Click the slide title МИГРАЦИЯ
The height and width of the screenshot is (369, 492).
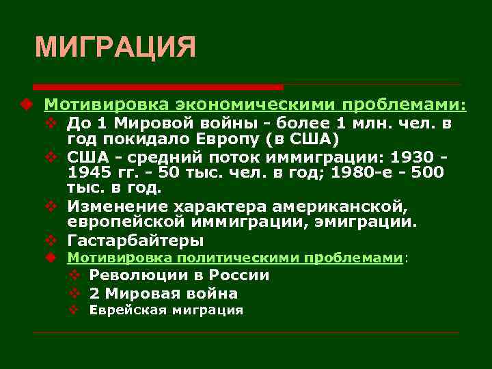115,48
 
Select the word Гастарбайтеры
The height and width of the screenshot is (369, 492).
135,241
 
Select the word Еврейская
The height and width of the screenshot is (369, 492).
123,310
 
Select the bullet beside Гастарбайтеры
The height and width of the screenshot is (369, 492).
50,241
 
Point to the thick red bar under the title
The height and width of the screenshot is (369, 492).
158,87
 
